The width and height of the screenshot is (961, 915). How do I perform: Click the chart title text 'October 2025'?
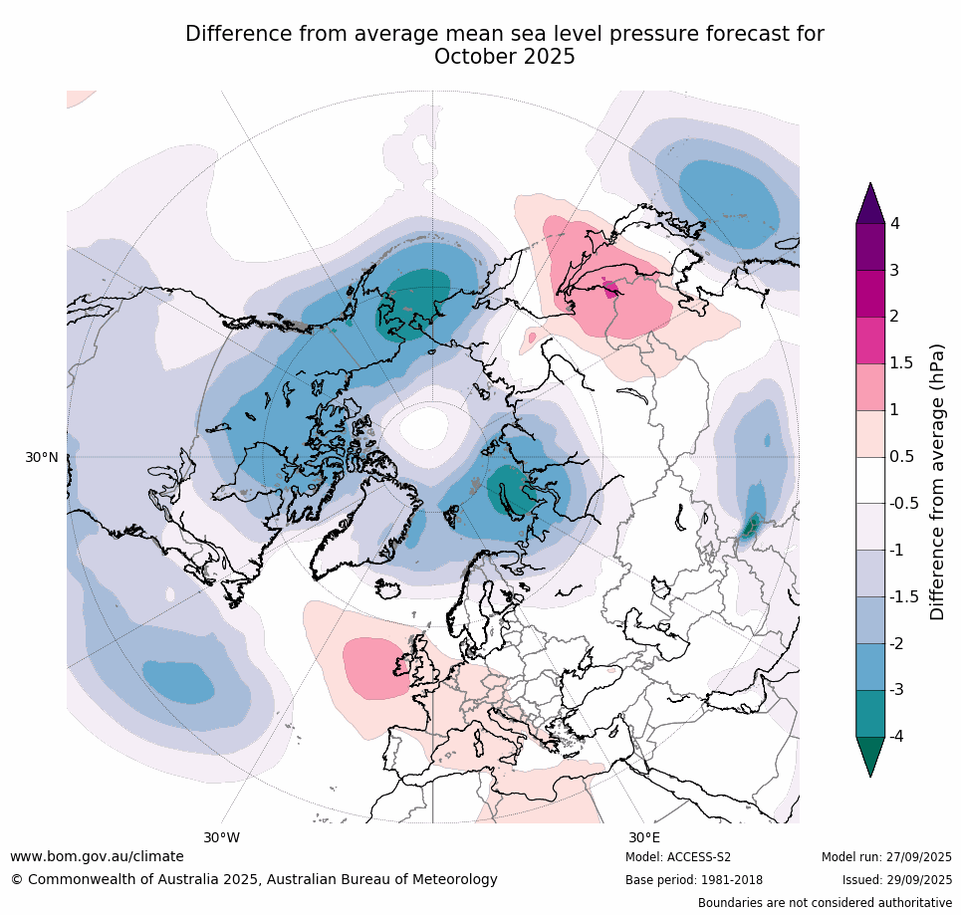504,57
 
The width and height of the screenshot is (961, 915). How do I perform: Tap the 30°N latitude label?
42,457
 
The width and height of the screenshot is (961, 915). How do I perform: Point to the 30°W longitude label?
221,837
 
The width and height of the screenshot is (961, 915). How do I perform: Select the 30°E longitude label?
643,837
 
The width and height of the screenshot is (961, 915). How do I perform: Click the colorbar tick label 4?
894,223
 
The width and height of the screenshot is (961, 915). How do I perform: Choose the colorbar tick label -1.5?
903,596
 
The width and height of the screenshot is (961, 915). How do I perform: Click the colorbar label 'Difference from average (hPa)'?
937,482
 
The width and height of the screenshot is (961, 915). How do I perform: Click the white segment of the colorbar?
870,480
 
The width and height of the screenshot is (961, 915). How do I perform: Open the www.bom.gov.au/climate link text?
97,856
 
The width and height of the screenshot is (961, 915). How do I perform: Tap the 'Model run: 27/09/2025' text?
886,857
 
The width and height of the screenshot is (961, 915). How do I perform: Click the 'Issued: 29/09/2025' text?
896,880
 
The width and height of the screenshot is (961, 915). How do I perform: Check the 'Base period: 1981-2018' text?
694,880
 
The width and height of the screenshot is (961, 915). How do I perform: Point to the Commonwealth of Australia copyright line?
254,879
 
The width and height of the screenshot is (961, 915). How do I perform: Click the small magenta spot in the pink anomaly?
610,290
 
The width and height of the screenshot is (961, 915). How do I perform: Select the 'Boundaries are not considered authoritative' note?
825,903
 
